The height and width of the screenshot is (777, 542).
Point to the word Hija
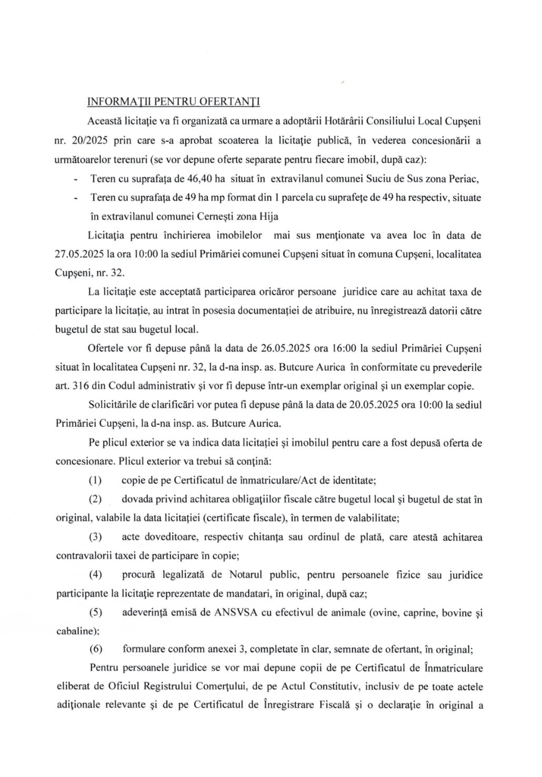268,217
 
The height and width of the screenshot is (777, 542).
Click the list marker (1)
95,480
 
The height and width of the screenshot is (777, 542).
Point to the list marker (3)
95,537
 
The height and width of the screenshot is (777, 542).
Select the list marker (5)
95,613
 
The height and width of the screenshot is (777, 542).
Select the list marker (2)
95,499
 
